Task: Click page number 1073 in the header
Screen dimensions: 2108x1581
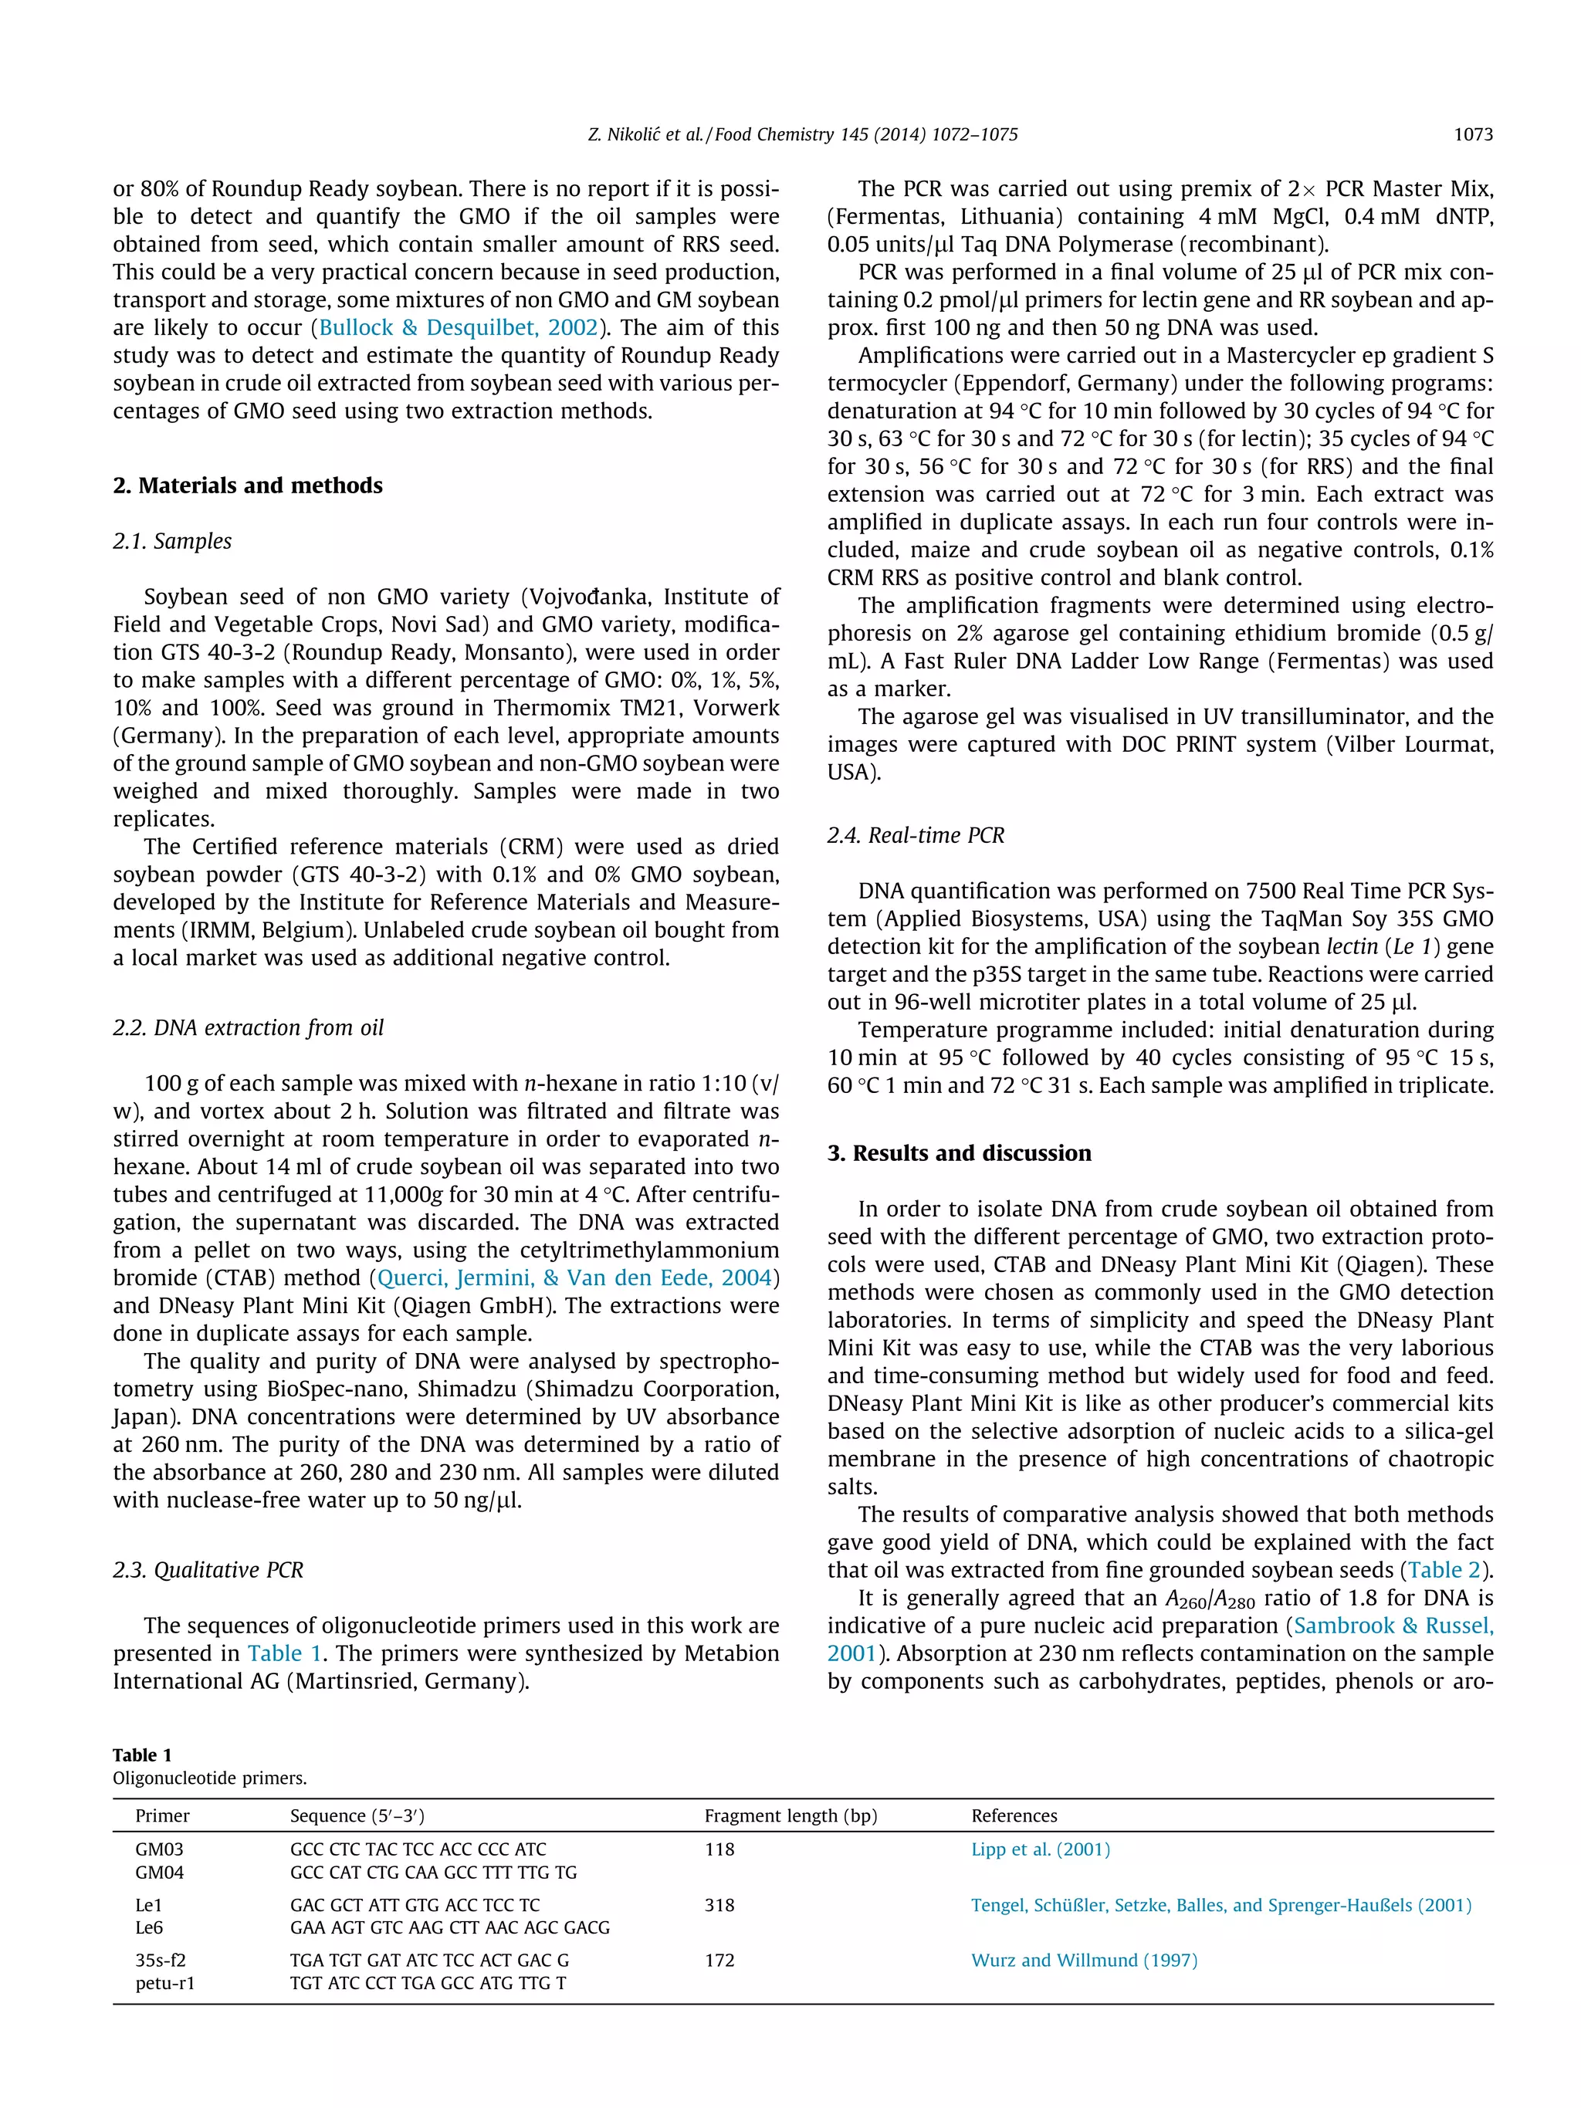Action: (1472, 135)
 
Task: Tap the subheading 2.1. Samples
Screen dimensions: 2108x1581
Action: (171, 541)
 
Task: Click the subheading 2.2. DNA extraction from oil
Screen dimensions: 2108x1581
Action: (248, 1027)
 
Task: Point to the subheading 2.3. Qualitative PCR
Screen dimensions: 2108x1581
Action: (208, 1569)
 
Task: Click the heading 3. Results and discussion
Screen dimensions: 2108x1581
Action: (959, 1153)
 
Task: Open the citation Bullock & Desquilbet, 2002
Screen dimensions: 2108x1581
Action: (459, 328)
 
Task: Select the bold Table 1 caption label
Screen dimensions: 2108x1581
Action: (142, 1754)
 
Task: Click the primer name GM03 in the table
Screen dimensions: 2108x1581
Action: (159, 1849)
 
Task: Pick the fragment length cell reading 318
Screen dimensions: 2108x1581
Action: (719, 1905)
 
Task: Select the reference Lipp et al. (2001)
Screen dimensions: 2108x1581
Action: (1040, 1849)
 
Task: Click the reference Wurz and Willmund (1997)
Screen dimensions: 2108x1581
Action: (1084, 1961)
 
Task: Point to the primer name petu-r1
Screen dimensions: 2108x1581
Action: (165, 1983)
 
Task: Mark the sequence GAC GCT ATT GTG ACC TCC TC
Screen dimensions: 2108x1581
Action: (415, 1905)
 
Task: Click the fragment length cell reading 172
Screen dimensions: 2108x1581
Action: (719, 1961)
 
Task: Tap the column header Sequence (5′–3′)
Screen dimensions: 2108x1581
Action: (357, 1815)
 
